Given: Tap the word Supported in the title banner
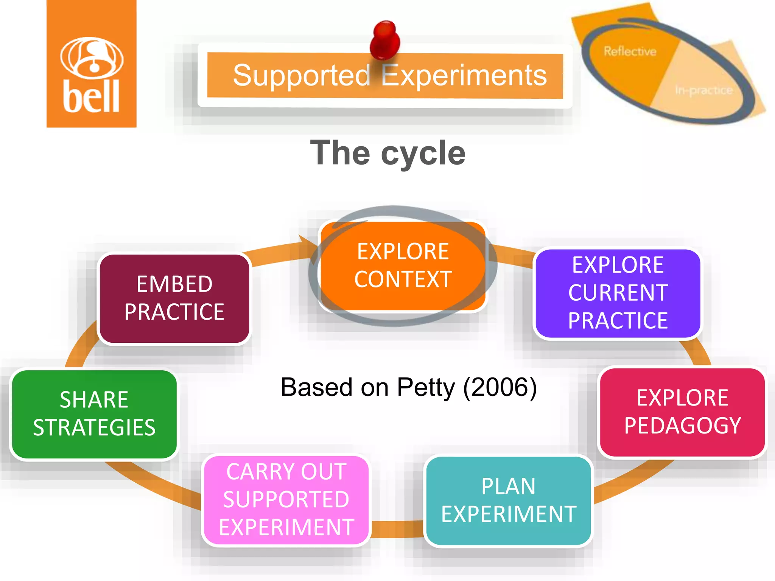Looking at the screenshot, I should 301,75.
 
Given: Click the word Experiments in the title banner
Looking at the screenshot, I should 464,75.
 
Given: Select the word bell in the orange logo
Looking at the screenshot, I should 91,96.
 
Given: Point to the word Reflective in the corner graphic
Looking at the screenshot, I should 630,51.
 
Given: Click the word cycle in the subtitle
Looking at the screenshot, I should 423,153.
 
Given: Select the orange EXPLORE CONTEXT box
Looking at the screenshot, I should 403,266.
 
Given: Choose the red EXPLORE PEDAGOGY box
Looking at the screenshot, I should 682,412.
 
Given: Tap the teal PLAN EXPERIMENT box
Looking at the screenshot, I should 508,500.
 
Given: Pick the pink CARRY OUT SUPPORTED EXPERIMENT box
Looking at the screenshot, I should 286,500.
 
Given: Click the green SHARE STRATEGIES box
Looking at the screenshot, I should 94,414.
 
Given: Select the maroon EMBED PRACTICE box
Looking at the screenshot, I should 174,298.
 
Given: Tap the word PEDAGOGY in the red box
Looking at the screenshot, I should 682,426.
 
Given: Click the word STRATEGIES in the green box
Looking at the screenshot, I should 94,428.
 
